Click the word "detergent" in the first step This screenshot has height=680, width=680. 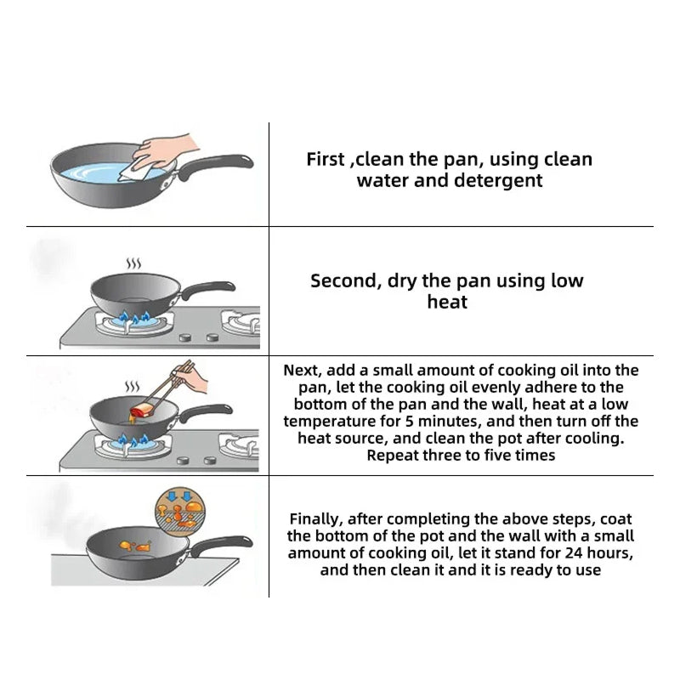[x=498, y=180]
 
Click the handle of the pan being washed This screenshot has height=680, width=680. [x=212, y=167]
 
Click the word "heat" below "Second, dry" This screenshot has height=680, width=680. [x=447, y=302]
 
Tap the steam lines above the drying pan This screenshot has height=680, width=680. [x=133, y=263]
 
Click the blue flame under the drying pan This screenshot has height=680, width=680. [x=134, y=318]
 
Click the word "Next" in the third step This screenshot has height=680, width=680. [x=302, y=371]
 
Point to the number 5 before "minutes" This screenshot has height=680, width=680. [x=410, y=421]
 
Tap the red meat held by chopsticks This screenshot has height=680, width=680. [x=142, y=410]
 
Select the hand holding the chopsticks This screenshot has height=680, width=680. [x=190, y=378]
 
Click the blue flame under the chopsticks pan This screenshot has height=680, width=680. [x=134, y=441]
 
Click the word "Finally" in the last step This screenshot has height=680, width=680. [x=316, y=519]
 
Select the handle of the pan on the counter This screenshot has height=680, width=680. [x=220, y=547]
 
